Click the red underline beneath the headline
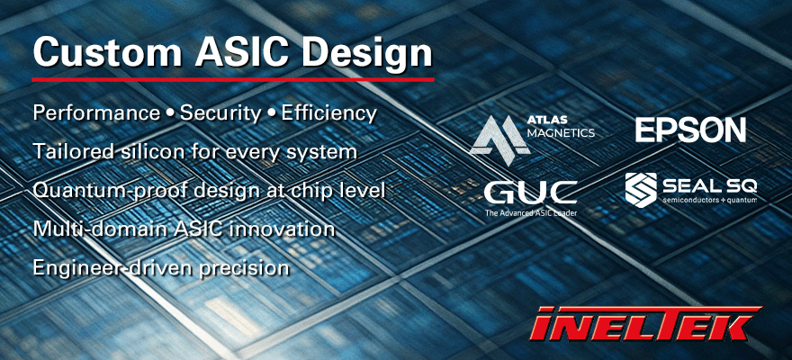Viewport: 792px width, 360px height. click(233, 80)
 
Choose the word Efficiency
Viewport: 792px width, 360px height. click(328, 114)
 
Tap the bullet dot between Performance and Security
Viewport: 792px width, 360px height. click(169, 114)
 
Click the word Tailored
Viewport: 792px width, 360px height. click(69, 152)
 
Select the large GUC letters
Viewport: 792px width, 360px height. click(530, 191)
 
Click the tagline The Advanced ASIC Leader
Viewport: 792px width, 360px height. click(530, 213)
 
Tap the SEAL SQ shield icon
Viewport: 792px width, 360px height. click(642, 189)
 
